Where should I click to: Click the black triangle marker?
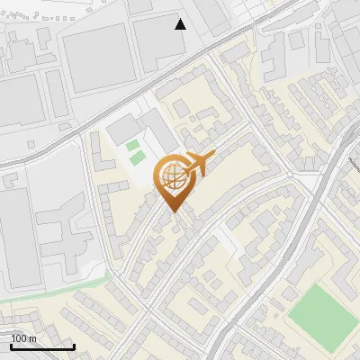(x=180, y=24)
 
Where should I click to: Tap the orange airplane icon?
(x=197, y=164)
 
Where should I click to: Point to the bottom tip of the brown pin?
(x=172, y=213)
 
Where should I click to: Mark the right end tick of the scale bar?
(x=74, y=346)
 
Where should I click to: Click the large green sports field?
(x=319, y=317)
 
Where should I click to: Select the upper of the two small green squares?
(x=133, y=145)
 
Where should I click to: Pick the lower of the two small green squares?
(x=138, y=158)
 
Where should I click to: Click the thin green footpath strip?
(x=54, y=289)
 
